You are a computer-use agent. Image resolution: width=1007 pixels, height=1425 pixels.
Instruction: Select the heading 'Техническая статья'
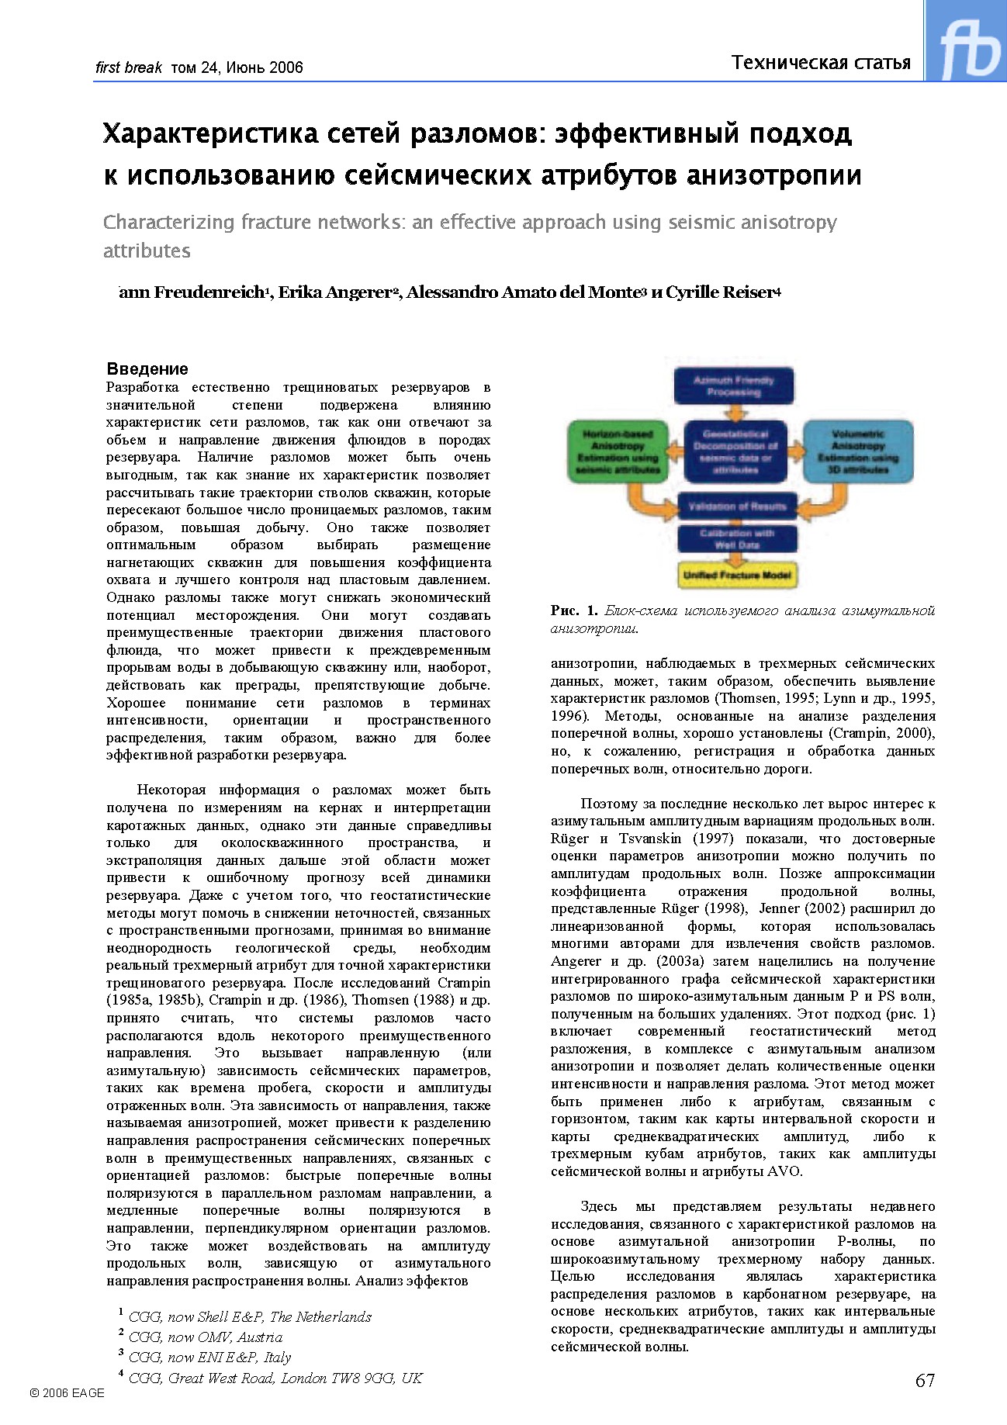821,63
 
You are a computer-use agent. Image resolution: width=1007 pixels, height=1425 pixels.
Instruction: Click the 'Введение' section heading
147,368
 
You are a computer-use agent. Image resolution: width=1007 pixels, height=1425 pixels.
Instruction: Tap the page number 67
925,1380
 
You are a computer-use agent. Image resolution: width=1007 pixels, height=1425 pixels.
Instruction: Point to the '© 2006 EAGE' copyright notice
67,1392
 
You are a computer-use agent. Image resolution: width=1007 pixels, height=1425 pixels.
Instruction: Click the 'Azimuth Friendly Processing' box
733,386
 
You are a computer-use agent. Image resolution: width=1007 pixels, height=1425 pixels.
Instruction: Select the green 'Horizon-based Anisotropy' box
618,451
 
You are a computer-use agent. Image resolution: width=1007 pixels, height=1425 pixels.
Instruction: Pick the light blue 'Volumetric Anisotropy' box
857,451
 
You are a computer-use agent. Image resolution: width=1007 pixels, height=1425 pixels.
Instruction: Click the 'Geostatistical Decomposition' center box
735,451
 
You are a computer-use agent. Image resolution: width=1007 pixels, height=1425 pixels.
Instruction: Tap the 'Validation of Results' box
736,507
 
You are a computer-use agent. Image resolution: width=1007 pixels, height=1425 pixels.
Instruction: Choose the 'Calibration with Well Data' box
736,538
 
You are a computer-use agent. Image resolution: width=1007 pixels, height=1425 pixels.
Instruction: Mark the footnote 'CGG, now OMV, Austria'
205,1337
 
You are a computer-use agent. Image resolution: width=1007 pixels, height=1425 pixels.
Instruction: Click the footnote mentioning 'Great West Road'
275,1378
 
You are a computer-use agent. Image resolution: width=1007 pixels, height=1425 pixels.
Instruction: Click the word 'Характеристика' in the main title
210,134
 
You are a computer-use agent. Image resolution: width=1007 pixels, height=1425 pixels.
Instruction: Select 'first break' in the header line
128,67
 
